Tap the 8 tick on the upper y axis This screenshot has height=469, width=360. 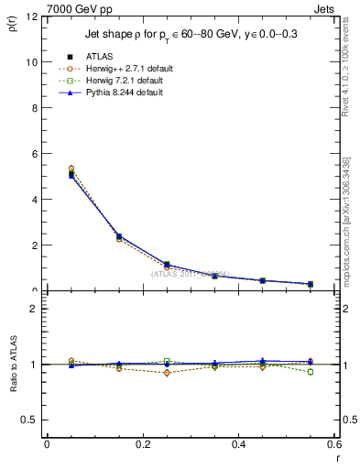pyautogui.click(x=35, y=108)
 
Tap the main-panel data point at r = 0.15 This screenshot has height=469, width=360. pyautogui.click(x=119, y=236)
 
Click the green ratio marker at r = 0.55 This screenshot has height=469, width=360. pyautogui.click(x=311, y=372)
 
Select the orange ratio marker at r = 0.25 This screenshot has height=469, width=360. pyautogui.click(x=167, y=373)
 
